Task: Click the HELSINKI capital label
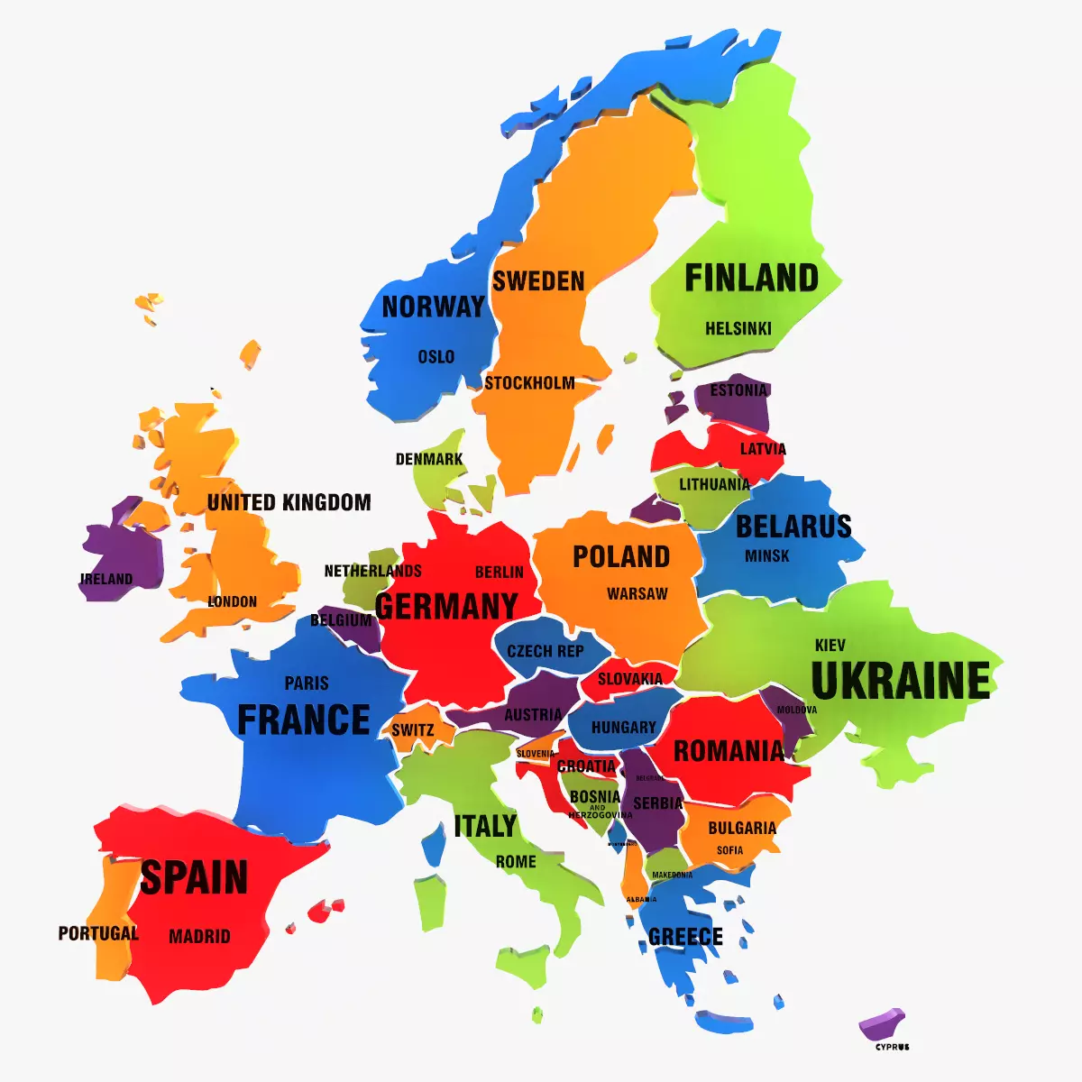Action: click(x=738, y=329)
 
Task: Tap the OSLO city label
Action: click(x=436, y=357)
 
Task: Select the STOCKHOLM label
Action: click(x=529, y=383)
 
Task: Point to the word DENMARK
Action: click(x=429, y=459)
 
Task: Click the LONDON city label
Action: click(x=233, y=601)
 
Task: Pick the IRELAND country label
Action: click(x=106, y=579)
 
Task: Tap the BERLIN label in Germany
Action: click(x=499, y=572)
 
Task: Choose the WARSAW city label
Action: click(x=637, y=594)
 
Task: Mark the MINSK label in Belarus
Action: click(x=767, y=556)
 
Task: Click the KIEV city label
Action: click(x=830, y=646)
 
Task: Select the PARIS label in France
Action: click(x=307, y=683)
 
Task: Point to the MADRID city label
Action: click(x=199, y=937)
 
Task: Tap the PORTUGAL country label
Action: click(x=98, y=933)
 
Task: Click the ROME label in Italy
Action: click(x=516, y=862)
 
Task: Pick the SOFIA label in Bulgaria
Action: click(x=730, y=850)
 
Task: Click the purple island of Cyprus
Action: click(x=882, y=1024)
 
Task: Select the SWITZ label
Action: click(x=413, y=730)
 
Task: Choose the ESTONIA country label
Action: click(x=738, y=390)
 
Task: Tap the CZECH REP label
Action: click(x=546, y=651)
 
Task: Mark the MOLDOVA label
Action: click(x=797, y=711)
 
